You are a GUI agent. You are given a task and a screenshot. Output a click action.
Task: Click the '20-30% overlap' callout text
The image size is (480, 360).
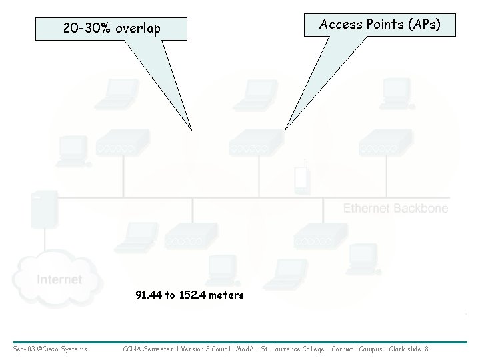click(111, 29)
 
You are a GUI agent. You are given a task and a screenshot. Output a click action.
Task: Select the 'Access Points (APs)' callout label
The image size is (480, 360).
click(379, 25)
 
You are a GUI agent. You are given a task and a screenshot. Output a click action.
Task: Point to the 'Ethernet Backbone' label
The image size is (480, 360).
click(395, 209)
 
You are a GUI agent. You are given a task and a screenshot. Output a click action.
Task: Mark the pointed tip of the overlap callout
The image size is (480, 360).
click(191, 129)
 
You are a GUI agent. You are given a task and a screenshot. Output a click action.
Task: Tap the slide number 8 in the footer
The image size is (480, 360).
click(426, 349)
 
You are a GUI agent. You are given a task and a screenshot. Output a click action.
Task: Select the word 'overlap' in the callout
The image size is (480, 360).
click(137, 29)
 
